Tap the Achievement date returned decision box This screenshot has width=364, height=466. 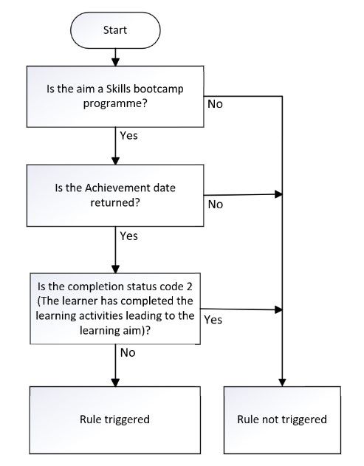(114, 196)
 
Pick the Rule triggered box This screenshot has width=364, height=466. (114, 419)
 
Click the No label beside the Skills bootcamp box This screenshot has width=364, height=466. (215, 105)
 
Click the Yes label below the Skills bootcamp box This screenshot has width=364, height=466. (128, 137)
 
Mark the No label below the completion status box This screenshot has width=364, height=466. (127, 354)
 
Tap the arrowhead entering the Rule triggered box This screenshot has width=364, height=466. (114, 380)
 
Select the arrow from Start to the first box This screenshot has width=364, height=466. (114, 57)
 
